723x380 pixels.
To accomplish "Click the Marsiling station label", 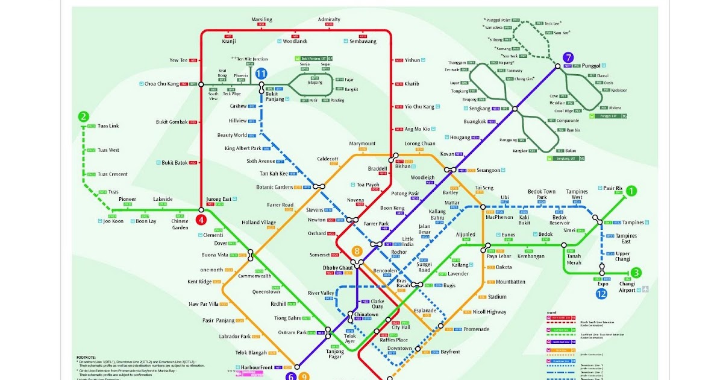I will tap(261, 19).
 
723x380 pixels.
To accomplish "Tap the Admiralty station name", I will tap(329, 19).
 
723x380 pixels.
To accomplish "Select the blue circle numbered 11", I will tap(261, 73).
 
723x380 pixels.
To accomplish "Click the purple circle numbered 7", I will tap(567, 58).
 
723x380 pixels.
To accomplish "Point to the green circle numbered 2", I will tap(84, 117).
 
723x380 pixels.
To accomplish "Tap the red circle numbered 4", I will tap(201, 220).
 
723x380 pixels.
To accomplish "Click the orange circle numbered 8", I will tap(357, 251).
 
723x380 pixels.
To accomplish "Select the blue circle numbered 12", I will tap(601, 294).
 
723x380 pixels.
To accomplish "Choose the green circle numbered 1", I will tap(631, 192).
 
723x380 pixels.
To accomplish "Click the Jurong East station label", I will tap(219, 199).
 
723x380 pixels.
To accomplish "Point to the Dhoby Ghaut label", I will tap(338, 266).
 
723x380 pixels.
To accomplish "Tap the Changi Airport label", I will tap(627, 287).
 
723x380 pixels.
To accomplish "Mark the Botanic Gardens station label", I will tap(275, 187).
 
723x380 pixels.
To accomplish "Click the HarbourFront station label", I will tap(255, 367).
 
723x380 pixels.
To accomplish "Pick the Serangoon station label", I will tap(488, 170).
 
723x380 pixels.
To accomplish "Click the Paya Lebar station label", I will tap(499, 256).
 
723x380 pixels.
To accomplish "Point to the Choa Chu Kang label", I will tap(162, 84).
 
